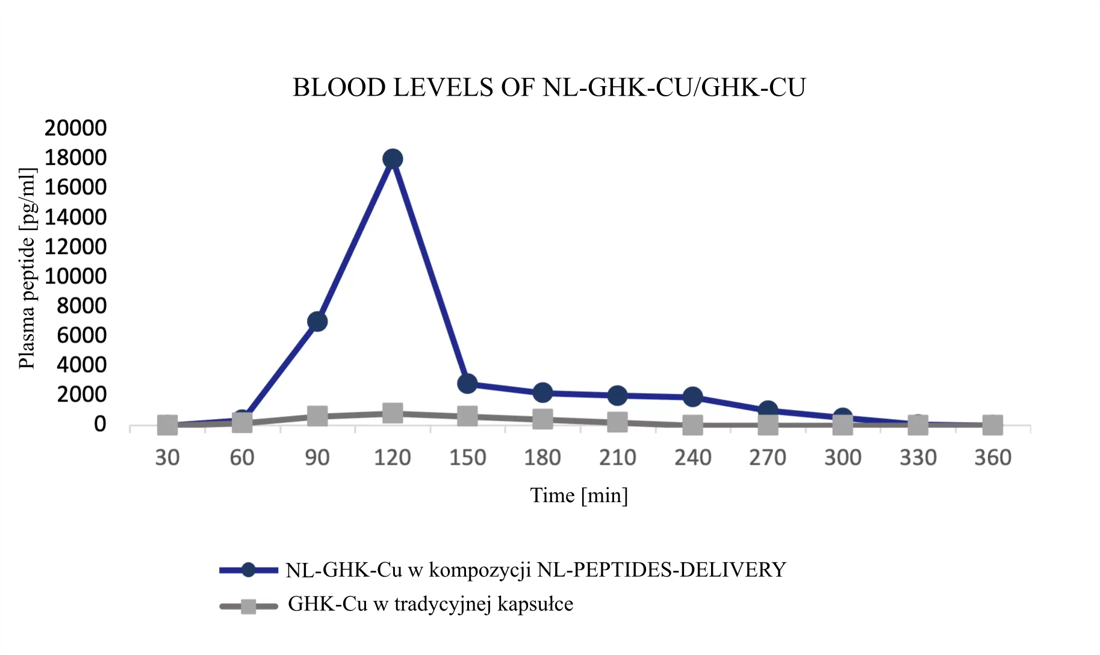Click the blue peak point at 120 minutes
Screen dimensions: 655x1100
[x=392, y=159]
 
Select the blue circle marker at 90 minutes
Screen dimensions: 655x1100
[x=317, y=321]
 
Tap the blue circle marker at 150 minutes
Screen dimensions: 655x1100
[x=467, y=383]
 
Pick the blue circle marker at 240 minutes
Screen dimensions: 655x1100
[x=692, y=397]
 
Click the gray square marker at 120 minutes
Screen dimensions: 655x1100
[x=392, y=413]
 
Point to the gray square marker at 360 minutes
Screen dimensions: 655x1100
[x=992, y=424]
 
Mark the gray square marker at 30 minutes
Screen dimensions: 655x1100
[x=167, y=424]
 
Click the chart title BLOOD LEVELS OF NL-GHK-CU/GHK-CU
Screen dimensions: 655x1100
[x=549, y=88]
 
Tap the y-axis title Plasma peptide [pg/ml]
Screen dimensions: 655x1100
[x=27, y=268]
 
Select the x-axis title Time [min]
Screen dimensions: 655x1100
[x=579, y=495]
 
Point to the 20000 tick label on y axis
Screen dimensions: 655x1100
[x=75, y=128]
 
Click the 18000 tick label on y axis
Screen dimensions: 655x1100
[x=75, y=158]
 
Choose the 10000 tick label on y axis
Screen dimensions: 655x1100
[x=75, y=276]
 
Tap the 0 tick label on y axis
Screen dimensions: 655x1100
[x=99, y=424]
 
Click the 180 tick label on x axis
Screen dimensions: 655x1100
[x=542, y=458]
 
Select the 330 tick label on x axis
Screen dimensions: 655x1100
[x=918, y=458]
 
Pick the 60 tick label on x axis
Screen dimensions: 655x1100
[x=242, y=458]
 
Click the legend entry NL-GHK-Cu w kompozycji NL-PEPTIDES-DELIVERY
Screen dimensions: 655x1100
[x=536, y=570]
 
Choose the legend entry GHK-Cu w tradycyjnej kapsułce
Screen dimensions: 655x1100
[x=430, y=604]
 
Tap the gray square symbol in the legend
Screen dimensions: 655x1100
[x=248, y=606]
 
